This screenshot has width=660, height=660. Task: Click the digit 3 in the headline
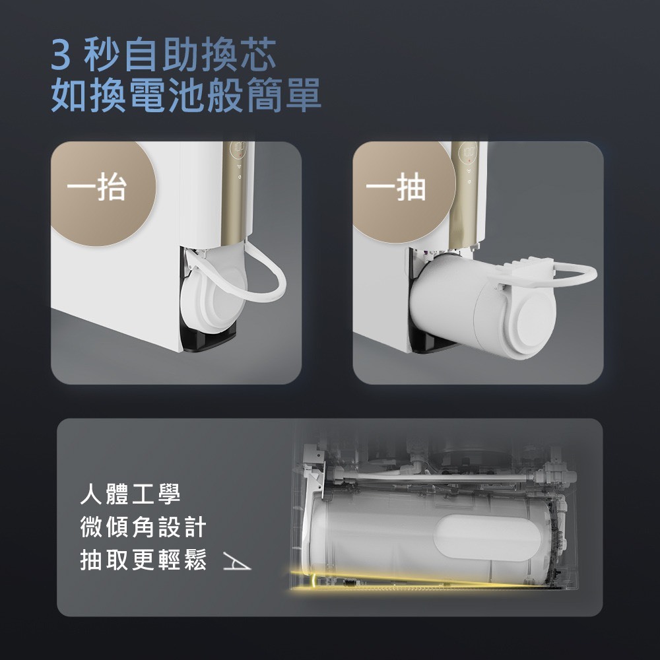61,55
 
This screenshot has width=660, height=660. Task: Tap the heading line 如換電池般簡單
185,95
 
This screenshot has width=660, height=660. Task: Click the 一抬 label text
97,187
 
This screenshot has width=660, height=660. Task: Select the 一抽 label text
395,187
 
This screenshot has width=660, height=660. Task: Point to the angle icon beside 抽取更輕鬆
236,562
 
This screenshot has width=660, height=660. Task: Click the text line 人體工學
131,494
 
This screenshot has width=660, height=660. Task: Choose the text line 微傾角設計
143,527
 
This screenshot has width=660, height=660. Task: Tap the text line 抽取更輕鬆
143,560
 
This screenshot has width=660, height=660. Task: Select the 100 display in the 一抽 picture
469,149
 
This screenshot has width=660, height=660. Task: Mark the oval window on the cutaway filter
488,537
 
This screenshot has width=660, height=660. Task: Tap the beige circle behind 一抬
104,193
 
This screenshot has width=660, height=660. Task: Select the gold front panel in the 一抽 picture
464,193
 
